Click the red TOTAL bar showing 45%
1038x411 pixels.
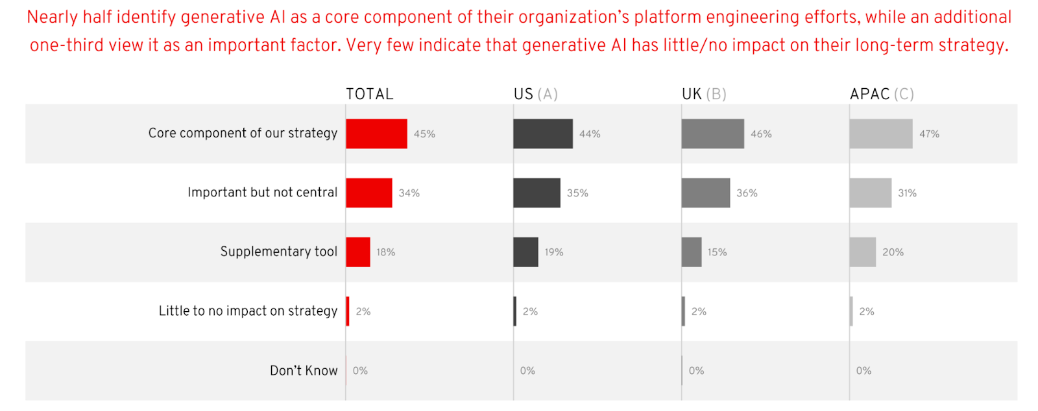376,134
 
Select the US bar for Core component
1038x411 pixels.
543,134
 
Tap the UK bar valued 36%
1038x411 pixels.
706,193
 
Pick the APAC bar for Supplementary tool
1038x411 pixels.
863,252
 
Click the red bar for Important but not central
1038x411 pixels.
369,193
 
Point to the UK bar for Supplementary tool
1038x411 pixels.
692,252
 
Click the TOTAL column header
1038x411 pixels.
370,94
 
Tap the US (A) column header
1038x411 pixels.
536,94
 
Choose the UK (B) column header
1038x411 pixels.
704,94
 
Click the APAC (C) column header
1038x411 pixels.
882,94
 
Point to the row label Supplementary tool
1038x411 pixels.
279,252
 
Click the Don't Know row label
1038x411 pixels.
304,370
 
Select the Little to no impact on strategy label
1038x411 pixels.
248,311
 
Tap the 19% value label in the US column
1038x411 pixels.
554,252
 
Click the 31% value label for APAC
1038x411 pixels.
907,193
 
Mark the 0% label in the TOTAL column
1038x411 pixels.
360,371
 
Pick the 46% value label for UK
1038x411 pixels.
761,134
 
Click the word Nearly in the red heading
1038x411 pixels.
52,18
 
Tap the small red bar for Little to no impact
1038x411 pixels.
348,311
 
